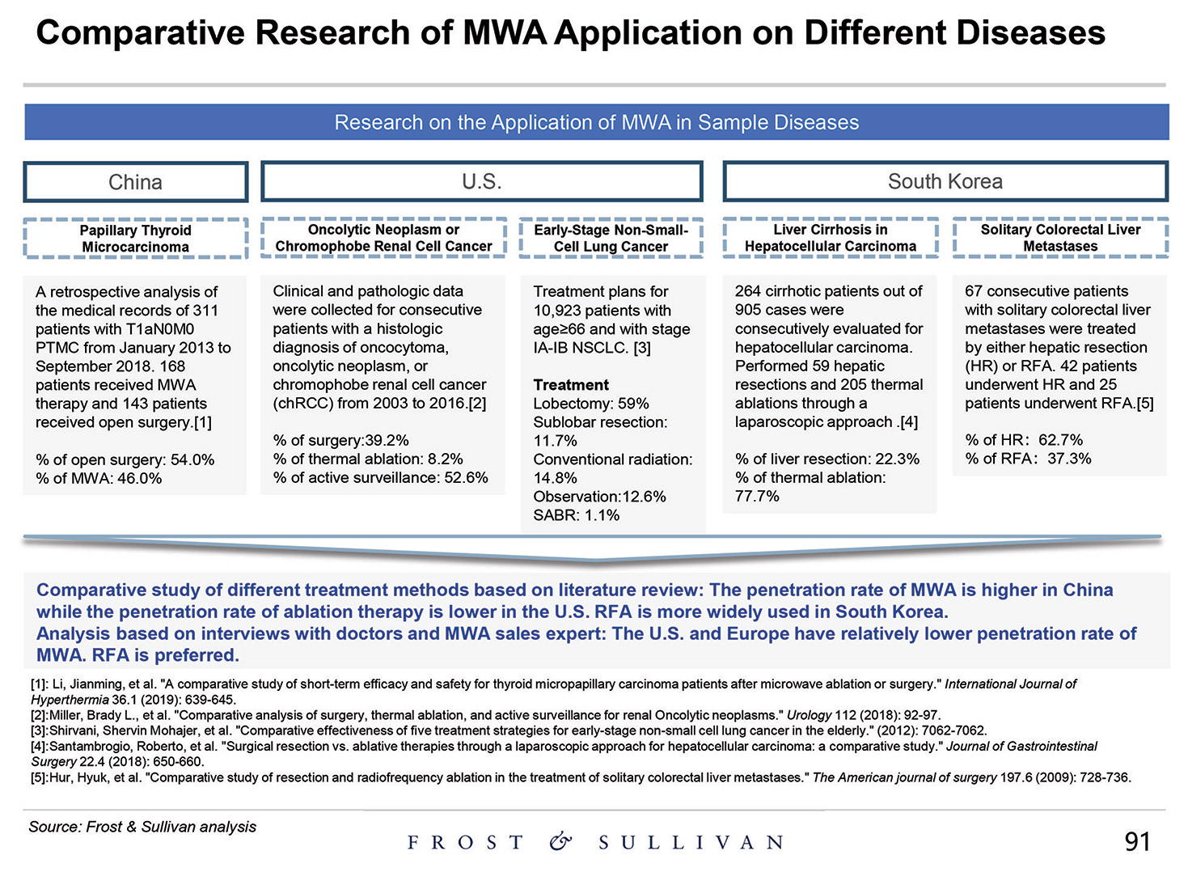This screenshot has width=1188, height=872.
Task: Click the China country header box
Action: tap(135, 182)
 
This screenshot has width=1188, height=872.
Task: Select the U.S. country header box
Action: tap(481, 182)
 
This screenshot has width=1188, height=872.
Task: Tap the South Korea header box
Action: tap(945, 182)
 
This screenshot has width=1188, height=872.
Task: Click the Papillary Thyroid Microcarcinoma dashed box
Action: tap(135, 239)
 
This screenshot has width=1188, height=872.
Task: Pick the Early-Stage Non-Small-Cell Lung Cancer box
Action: tap(611, 238)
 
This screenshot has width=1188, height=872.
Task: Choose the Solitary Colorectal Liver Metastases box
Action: tap(1060, 238)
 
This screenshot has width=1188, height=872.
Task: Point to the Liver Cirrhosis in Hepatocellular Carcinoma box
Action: tap(830, 238)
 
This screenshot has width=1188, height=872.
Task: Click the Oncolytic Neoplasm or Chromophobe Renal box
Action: tap(383, 238)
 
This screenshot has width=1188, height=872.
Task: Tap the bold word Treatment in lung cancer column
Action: tap(571, 385)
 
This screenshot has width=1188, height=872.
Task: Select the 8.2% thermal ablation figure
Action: tap(444, 459)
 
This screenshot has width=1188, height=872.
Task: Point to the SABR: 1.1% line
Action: tap(576, 515)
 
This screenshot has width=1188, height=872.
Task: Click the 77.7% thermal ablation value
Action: tap(757, 496)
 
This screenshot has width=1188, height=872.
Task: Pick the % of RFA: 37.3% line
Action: tap(1028, 459)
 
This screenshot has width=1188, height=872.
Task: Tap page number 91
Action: tap(1137, 842)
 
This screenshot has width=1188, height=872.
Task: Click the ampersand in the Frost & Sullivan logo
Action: tap(560, 842)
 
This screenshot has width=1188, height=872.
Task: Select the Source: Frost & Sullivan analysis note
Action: tap(142, 827)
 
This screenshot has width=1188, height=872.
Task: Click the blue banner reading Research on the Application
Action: tap(596, 122)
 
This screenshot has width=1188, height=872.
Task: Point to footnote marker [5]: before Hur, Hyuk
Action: tap(40, 777)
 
